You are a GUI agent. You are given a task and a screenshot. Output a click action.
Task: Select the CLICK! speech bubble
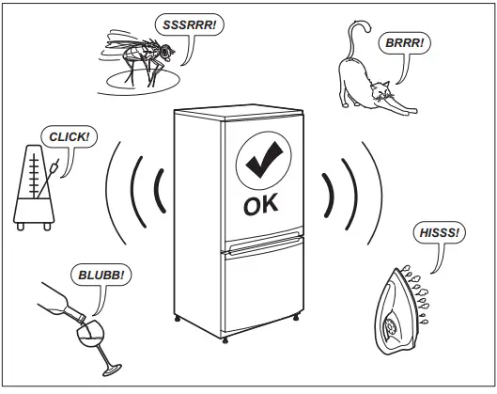(68, 138)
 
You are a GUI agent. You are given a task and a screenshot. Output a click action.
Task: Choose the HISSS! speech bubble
(437, 232)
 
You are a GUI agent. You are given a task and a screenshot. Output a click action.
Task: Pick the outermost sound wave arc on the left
(111, 193)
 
